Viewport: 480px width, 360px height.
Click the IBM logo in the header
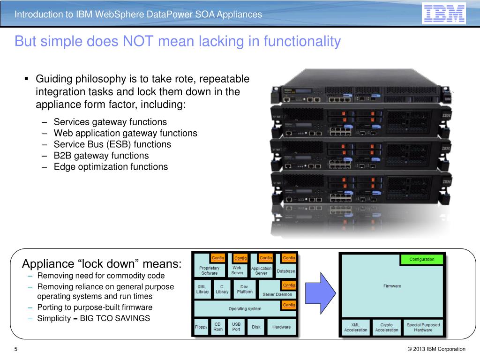pos(443,14)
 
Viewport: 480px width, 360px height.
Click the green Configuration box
pos(422,259)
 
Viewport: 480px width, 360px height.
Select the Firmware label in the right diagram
pos(392,286)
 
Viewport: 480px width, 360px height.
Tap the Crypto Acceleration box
pos(387,327)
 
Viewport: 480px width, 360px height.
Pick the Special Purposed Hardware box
pos(423,327)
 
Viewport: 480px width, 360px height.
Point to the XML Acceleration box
pos(356,327)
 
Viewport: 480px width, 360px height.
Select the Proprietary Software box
pos(209,270)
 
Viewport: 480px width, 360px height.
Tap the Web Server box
pos(237,270)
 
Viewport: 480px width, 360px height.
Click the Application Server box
pos(261,270)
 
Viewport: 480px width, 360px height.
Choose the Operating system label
pos(245,308)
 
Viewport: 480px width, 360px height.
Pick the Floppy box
pos(201,327)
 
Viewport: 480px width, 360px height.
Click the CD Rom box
pos(218,327)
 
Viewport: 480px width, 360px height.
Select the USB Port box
pos(236,327)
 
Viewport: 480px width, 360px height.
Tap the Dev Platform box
pos(244,289)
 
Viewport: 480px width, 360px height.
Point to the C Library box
pos(222,289)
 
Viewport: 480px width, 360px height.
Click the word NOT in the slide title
pos(139,42)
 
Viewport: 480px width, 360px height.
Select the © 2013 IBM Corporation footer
pos(436,349)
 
